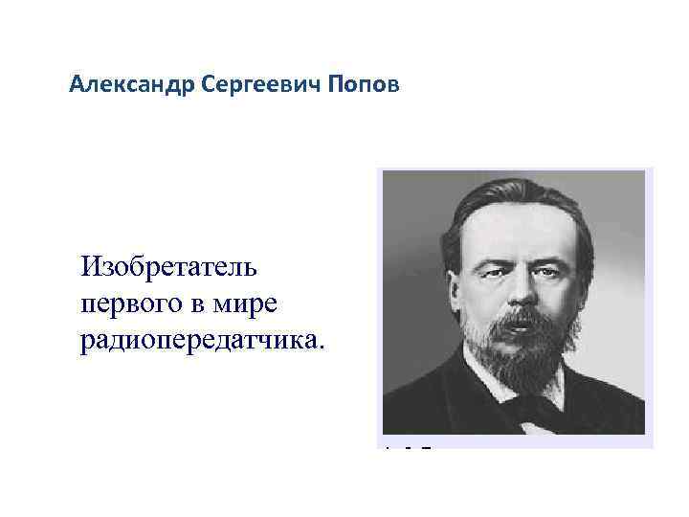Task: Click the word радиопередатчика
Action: (200, 341)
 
